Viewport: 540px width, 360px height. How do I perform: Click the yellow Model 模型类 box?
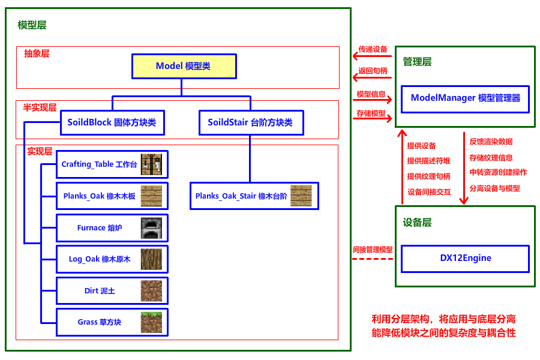[x=184, y=66]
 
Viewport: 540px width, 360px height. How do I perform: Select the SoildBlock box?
[x=112, y=122]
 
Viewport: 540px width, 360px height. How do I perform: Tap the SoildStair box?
[x=251, y=122]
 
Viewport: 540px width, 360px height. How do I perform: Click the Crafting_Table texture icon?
[x=151, y=164]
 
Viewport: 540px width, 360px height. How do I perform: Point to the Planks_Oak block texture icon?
[x=151, y=196]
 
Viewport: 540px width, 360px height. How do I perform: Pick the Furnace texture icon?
[x=151, y=228]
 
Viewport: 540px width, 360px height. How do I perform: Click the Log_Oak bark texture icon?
[x=151, y=259]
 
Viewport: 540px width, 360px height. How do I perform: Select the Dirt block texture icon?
[x=151, y=291]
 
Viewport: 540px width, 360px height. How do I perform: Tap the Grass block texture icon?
[x=151, y=322]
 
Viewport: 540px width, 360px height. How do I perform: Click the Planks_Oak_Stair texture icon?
[x=301, y=196]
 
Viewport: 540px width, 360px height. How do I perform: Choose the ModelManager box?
[x=465, y=98]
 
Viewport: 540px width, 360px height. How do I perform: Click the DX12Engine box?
[x=465, y=259]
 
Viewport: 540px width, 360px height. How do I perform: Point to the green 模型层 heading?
[x=32, y=25]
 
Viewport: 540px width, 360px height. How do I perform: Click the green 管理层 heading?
[x=417, y=62]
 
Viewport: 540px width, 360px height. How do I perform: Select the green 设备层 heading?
[x=417, y=223]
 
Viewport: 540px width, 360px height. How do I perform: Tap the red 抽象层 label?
[x=37, y=53]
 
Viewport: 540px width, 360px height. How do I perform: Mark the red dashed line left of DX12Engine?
[x=372, y=259]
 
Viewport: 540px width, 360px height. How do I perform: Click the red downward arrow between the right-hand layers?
[x=463, y=168]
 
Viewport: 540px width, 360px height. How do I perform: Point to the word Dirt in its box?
[x=91, y=291]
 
